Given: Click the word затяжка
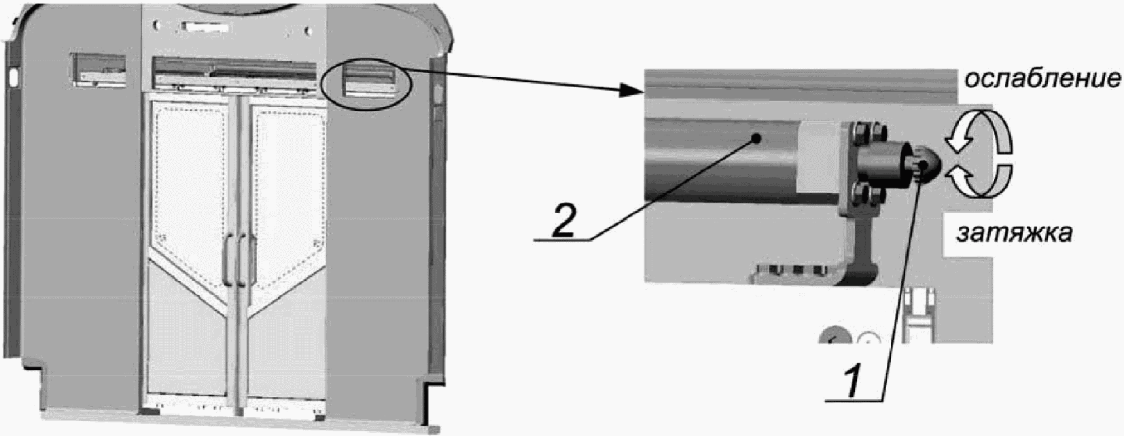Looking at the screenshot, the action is pos(1014,233).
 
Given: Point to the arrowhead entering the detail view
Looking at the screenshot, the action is pos(631,92).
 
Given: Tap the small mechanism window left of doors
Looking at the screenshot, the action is pos(99,71).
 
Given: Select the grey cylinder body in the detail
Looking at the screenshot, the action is pos(722,160).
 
